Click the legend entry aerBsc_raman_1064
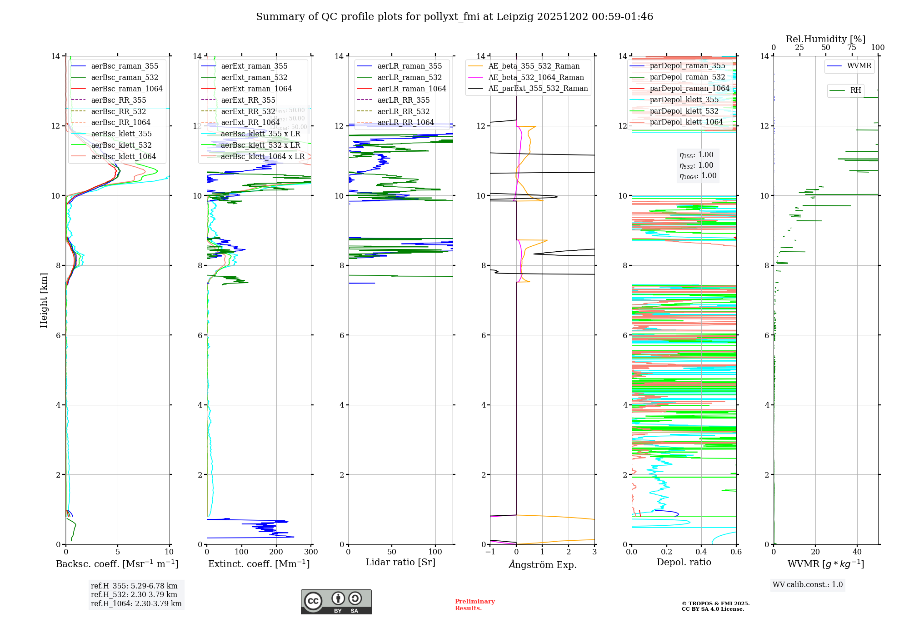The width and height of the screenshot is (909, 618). [126, 89]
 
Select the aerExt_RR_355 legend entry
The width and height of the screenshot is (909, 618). [248, 100]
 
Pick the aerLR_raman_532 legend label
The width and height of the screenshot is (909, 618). [409, 78]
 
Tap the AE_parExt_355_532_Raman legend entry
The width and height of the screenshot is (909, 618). [538, 89]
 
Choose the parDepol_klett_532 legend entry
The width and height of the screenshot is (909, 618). [684, 111]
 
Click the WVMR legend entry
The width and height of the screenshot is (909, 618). [859, 66]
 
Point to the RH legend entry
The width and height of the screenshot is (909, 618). [855, 90]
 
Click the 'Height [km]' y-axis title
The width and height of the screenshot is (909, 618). [44, 300]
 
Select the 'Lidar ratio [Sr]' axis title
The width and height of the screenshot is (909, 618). [400, 563]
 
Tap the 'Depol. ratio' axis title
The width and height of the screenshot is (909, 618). [684, 563]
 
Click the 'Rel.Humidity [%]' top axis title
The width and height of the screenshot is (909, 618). [825, 39]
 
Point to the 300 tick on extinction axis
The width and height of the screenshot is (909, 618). [311, 552]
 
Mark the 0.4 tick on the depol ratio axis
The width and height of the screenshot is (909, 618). [701, 552]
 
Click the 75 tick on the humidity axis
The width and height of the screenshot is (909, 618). [852, 48]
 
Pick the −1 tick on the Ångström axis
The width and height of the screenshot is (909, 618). [490, 552]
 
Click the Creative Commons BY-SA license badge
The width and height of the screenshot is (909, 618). [336, 602]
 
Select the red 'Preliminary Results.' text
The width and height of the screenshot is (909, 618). [474, 605]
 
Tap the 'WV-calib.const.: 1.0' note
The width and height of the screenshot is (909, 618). [808, 585]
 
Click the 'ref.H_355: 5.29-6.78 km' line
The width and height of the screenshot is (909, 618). [134, 586]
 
